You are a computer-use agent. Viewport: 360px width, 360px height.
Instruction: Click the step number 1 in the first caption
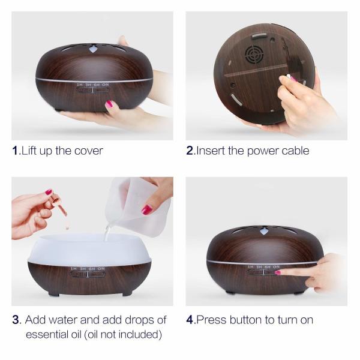(15, 151)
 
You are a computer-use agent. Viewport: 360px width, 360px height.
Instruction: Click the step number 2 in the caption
(190, 151)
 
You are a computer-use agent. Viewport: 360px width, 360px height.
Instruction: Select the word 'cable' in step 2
(294, 151)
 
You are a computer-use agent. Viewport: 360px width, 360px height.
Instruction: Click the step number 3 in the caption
(16, 320)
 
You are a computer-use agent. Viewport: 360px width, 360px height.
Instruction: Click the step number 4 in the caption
(190, 320)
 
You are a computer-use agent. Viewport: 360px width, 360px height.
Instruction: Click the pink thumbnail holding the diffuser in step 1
(109, 104)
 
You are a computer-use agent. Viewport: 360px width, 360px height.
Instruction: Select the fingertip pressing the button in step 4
(278, 272)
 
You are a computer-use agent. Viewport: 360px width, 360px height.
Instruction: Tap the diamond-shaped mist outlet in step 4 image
(264, 231)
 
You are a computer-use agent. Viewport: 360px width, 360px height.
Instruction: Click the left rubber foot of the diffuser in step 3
(53, 293)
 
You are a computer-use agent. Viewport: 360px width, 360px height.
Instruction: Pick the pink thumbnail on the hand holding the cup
(146, 209)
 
